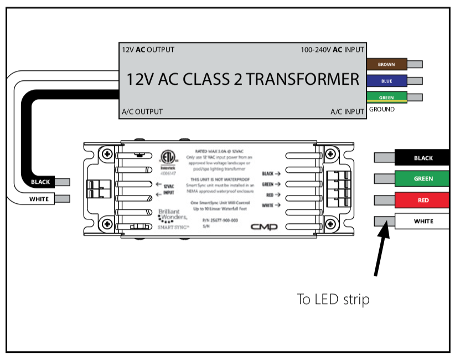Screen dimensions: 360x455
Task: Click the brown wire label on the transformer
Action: click(x=386, y=64)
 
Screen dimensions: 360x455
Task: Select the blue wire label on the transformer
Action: click(x=386, y=80)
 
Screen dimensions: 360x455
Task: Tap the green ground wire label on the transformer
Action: click(x=386, y=97)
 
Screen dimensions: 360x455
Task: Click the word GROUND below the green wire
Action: click(x=382, y=110)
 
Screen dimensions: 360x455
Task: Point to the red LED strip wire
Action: click(x=423, y=199)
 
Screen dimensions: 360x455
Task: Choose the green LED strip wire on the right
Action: click(x=423, y=179)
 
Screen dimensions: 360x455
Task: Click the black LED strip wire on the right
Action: click(x=423, y=158)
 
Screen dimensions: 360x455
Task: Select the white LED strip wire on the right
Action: click(x=423, y=222)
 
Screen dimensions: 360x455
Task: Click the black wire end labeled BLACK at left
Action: click(x=40, y=182)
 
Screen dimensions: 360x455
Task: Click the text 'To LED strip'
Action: click(x=333, y=300)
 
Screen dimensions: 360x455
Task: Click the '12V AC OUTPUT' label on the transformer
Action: click(x=148, y=50)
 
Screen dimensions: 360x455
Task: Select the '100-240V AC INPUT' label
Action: click(x=332, y=50)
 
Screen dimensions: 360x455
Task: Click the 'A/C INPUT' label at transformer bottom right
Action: click(x=348, y=111)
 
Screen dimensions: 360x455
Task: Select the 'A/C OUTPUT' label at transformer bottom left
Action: click(x=142, y=111)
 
